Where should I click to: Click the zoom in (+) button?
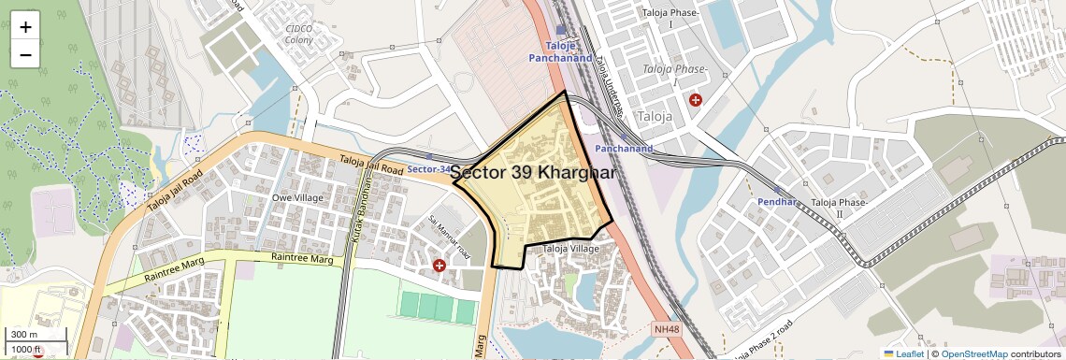click(x=25, y=27)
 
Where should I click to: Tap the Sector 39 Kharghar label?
click(x=533, y=174)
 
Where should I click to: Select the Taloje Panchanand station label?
click(x=560, y=51)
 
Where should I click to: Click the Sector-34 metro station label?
click(x=429, y=169)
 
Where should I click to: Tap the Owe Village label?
click(x=297, y=198)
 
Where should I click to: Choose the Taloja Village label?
click(x=571, y=249)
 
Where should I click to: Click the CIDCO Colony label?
click(x=299, y=35)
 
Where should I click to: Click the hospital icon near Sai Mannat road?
click(x=439, y=266)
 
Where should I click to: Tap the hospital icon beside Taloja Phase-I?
click(x=695, y=99)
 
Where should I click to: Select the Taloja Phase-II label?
click(x=840, y=208)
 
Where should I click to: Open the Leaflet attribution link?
click(x=902, y=353)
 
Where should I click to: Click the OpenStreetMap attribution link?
click(x=973, y=353)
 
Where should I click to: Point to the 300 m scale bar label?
click(x=24, y=335)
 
